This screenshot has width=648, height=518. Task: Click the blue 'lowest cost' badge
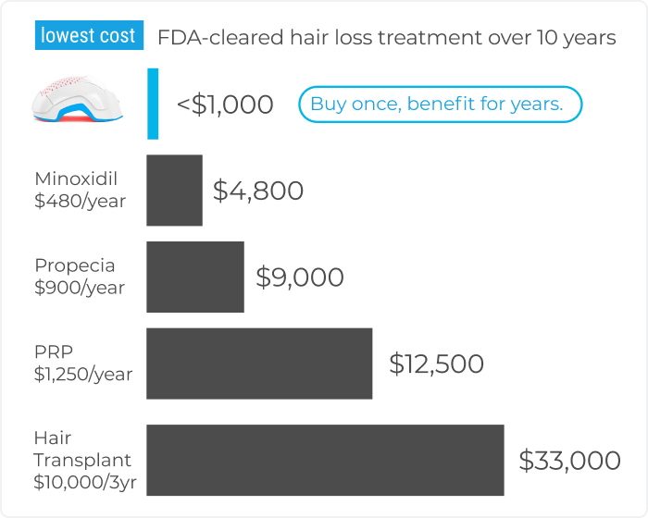[x=88, y=37]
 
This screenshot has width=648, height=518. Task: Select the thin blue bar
[x=153, y=104]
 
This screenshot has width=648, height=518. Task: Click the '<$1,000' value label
[x=225, y=105]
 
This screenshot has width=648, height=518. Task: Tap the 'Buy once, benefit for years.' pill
[x=439, y=105]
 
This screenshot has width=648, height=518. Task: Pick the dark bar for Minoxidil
[x=174, y=191]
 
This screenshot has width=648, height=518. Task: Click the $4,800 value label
[x=258, y=191]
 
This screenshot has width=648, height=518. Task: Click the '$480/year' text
[x=80, y=201]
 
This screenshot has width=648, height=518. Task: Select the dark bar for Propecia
[x=195, y=277]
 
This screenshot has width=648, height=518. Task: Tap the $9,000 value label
[x=300, y=277]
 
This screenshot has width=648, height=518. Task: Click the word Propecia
[x=75, y=265]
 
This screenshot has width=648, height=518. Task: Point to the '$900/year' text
[x=80, y=288]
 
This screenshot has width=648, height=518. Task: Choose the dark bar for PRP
[x=259, y=364]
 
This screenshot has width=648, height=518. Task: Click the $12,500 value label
[x=437, y=364]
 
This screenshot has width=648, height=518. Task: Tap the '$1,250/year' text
[x=83, y=375]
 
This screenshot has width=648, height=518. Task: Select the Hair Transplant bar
[x=325, y=461]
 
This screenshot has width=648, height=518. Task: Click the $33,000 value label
[x=569, y=461]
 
